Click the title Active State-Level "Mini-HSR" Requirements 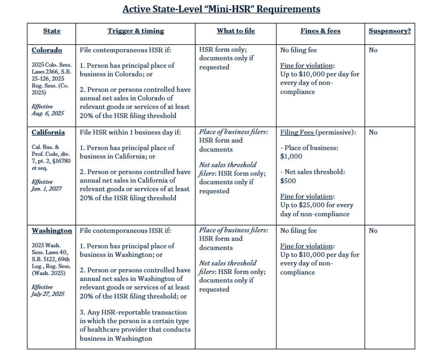[221, 9]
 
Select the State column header [52, 31]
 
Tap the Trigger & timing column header [136, 31]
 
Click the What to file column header [235, 31]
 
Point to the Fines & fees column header [320, 31]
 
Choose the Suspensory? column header [389, 31]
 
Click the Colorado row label [47, 50]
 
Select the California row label [48, 132]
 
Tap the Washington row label [52, 231]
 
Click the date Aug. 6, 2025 [48, 113]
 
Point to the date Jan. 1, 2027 [46, 189]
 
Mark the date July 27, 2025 [48, 294]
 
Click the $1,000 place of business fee [291, 156]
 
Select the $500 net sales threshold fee [288, 181]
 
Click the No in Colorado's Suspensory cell [373, 50]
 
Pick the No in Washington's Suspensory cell [373, 231]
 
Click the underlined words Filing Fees [297, 132]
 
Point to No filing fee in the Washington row [298, 231]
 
